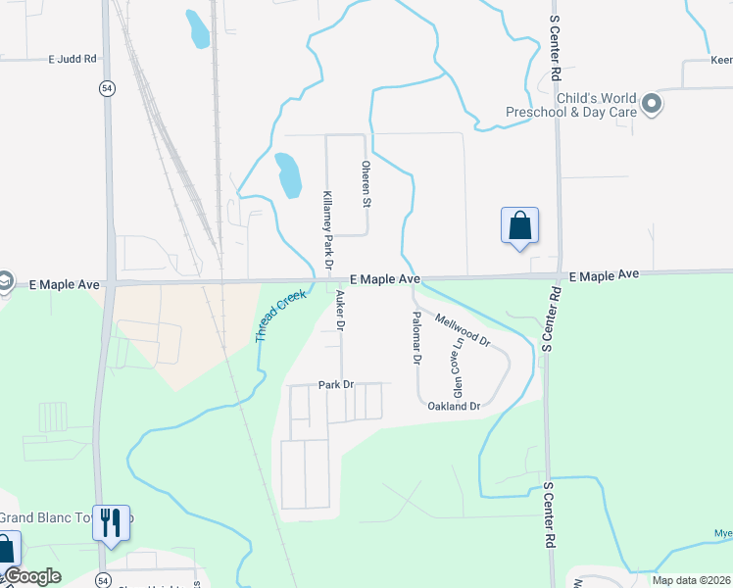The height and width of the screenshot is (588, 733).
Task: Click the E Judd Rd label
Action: (73, 59)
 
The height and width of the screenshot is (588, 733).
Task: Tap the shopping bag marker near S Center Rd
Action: (519, 225)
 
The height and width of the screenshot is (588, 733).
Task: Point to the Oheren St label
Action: (367, 185)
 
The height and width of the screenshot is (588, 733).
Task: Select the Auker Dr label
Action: (340, 312)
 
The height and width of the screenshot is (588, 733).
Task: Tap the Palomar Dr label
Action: (416, 338)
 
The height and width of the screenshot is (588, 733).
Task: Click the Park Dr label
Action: (335, 385)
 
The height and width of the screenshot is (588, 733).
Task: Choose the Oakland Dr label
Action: (454, 406)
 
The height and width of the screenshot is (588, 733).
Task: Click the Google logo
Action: (31, 577)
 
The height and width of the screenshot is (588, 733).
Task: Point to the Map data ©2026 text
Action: (691, 580)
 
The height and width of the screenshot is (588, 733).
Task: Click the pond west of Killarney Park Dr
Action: (288, 175)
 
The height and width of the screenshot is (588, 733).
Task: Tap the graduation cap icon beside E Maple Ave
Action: (5, 282)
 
